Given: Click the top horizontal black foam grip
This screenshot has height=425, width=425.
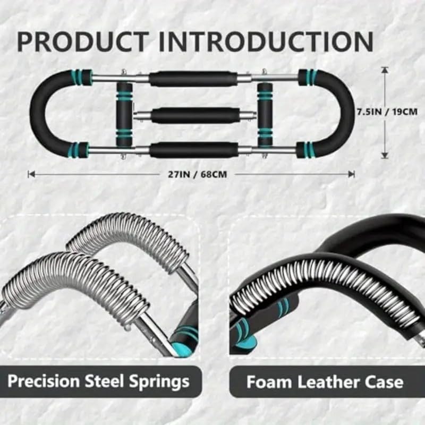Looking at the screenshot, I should [193, 79].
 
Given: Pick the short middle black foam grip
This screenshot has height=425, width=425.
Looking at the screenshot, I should [192, 115].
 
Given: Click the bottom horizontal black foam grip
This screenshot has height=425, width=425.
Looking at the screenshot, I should [193, 150].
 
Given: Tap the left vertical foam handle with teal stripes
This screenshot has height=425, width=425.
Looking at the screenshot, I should [124, 114].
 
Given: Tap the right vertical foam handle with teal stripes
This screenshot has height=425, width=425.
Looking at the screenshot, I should [265, 114].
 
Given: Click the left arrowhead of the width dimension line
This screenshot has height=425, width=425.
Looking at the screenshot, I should [31, 174].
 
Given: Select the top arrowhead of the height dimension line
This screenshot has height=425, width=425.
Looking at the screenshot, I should [385, 70].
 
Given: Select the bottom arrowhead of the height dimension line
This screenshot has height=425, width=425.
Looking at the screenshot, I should [385, 156].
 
